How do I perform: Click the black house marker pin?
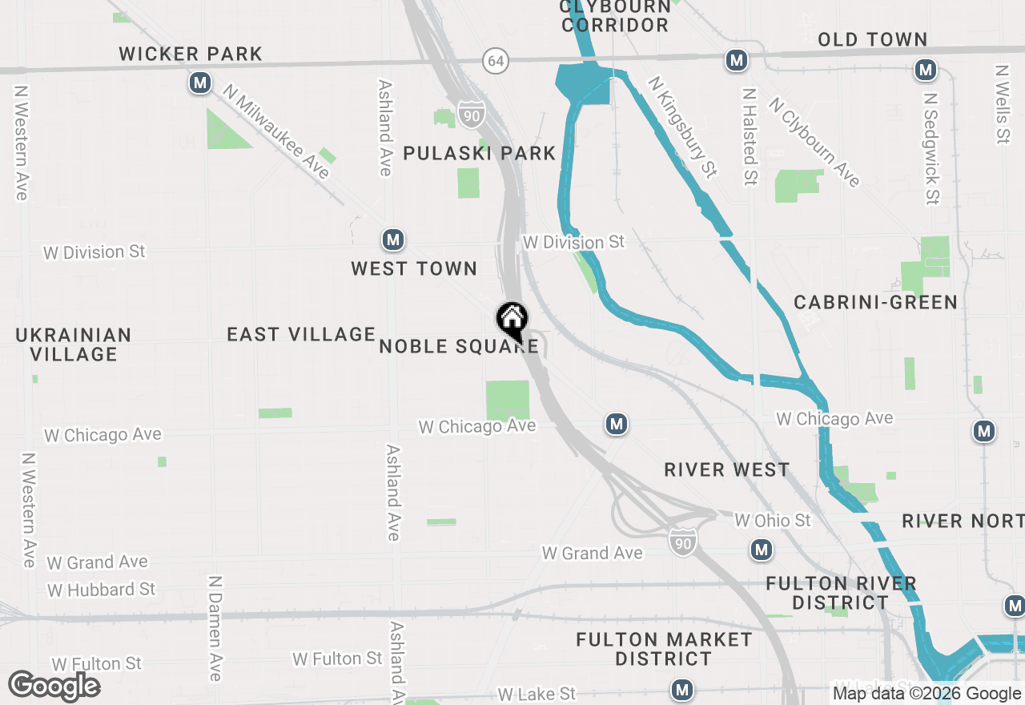(512, 320)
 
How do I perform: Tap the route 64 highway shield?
(496, 60)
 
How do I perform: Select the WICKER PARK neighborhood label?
(191, 54)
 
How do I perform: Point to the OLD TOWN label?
(872, 39)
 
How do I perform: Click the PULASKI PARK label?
(479, 153)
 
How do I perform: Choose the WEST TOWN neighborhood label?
(414, 268)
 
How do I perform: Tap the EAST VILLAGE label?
(301, 334)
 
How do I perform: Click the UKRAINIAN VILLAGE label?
(74, 344)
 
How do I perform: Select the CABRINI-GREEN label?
(875, 302)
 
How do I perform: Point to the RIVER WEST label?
(726, 469)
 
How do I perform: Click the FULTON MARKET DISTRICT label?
(664, 649)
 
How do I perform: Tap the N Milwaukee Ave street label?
(277, 131)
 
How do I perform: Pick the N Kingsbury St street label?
(682, 127)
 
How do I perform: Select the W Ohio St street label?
(773, 521)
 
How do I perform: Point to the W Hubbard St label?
(101, 590)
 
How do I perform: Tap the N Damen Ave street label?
(215, 628)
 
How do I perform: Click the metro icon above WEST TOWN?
(392, 240)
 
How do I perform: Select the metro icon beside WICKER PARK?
(200, 83)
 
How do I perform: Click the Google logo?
(54, 686)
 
